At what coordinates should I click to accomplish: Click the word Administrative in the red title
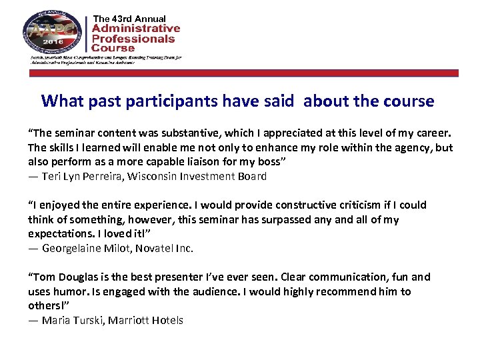coord(135,28)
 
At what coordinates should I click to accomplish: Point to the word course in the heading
coord(409,101)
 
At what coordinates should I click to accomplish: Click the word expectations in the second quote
coord(61,234)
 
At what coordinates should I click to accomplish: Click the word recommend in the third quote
coord(349,291)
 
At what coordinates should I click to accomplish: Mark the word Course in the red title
coord(113,48)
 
